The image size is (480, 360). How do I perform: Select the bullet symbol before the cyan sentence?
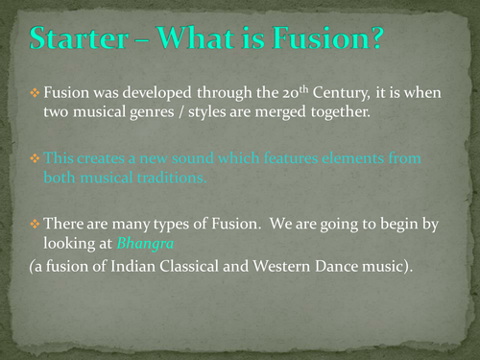coord(35,157)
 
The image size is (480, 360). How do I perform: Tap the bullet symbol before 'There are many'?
coord(35,223)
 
